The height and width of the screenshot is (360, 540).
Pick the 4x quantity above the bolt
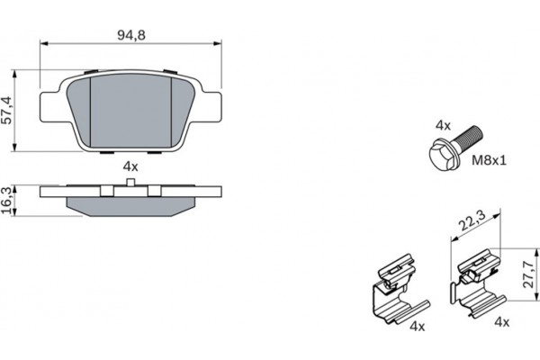pyautogui.click(x=442, y=125)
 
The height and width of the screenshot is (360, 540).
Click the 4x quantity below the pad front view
pyautogui.click(x=130, y=166)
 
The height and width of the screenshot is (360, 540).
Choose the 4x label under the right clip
pyautogui.click(x=501, y=321)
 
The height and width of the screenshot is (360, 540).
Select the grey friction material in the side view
pyautogui.click(x=130, y=206)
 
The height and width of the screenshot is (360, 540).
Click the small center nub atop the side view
pyautogui.click(x=130, y=183)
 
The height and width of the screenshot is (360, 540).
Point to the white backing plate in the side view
pyautogui.click(x=130, y=192)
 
